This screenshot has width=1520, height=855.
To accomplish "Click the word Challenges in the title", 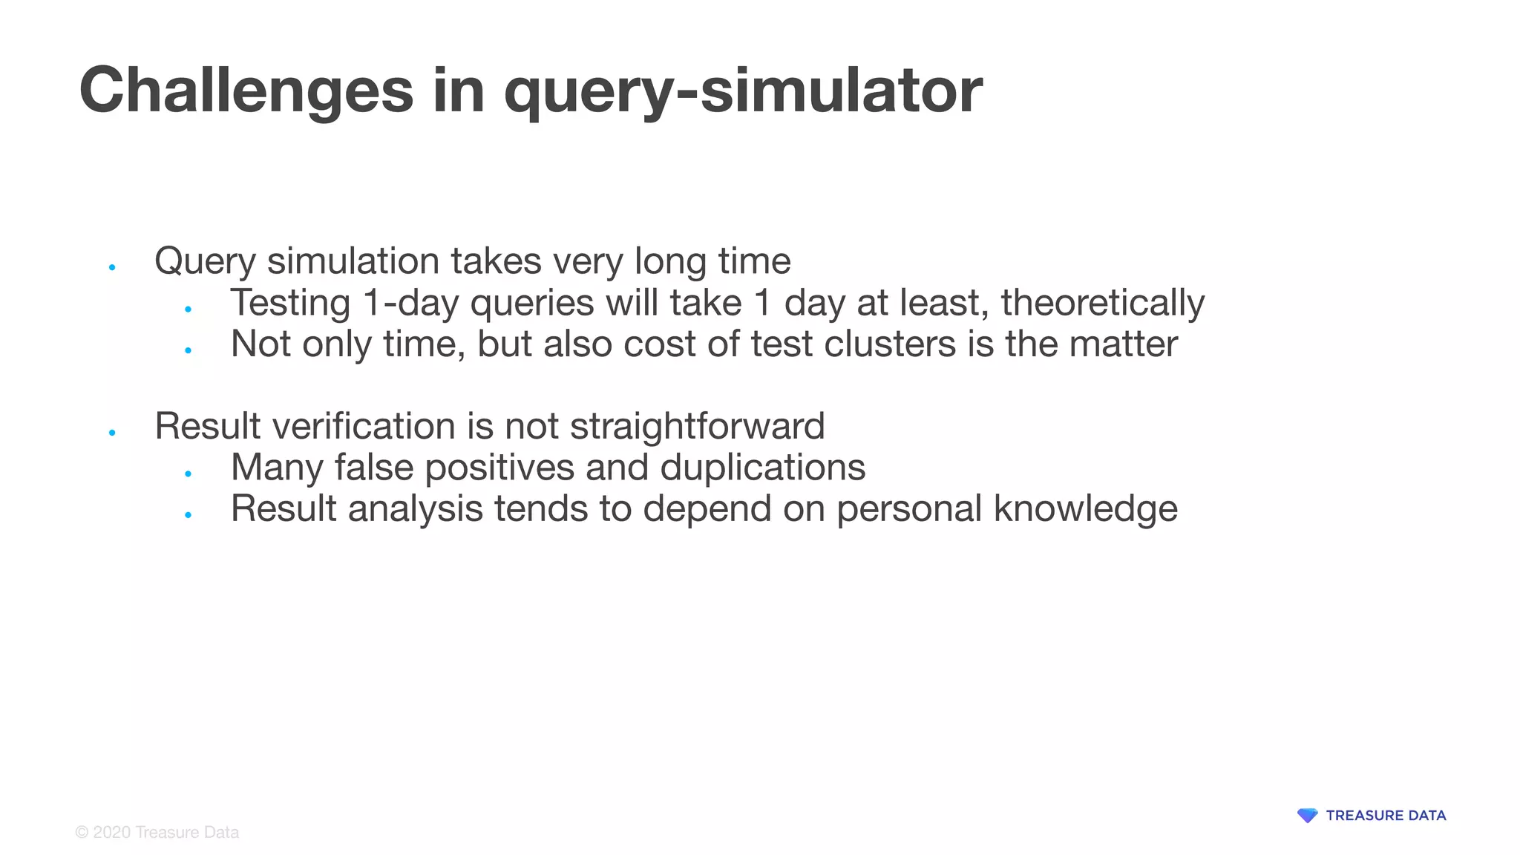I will [246, 91].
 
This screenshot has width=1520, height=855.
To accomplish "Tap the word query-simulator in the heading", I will [743, 91].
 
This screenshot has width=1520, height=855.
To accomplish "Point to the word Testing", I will [290, 303].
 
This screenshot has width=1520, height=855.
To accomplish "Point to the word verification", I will [364, 426].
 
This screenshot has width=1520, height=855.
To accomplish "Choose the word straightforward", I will [697, 426].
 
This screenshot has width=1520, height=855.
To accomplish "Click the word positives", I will [499, 468].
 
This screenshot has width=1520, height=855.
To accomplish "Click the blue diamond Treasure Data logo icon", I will [1307, 816].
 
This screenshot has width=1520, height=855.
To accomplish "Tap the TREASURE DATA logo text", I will [1386, 816].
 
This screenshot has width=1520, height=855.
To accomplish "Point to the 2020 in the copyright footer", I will [112, 833].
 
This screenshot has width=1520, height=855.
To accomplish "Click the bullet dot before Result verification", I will [112, 433].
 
